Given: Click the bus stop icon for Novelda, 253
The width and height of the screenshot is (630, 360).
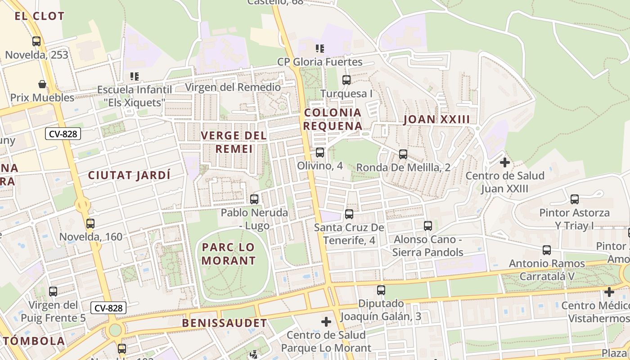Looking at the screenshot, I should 36,41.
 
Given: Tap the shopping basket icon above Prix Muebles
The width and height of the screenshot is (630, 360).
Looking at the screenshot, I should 42,84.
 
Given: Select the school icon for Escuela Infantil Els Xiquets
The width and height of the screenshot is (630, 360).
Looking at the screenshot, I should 134,76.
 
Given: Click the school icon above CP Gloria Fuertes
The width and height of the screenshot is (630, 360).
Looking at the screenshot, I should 320,48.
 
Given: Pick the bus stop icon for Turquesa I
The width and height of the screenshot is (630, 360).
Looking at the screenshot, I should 346,80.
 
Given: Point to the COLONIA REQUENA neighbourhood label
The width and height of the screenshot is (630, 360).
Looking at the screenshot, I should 333,119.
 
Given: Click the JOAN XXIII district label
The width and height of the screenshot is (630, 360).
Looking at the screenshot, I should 436,119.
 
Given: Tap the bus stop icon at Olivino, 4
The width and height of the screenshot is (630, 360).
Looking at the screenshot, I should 320,153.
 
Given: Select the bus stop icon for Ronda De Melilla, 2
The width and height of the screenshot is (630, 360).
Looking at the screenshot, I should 403,154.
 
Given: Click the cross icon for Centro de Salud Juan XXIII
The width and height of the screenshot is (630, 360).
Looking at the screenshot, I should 504,162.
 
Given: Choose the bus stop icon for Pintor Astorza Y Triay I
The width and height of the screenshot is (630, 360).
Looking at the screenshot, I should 574,199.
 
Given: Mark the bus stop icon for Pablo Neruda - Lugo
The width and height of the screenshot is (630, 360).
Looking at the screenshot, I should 254,199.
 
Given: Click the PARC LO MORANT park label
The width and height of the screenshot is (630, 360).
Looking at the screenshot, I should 229,254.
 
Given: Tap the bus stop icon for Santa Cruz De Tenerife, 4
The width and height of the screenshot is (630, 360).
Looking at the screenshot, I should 349,214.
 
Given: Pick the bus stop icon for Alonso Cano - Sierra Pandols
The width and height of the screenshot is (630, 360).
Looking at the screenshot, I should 428,225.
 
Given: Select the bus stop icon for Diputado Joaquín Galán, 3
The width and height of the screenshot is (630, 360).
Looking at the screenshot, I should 381,290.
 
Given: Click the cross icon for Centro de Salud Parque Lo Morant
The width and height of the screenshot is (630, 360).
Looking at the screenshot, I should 326,322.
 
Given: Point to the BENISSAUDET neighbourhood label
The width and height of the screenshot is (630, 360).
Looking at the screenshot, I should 224,323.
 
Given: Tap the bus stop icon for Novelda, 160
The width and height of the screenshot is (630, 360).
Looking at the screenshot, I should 90,223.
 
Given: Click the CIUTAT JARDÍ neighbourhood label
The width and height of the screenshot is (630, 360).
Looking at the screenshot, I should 130,175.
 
